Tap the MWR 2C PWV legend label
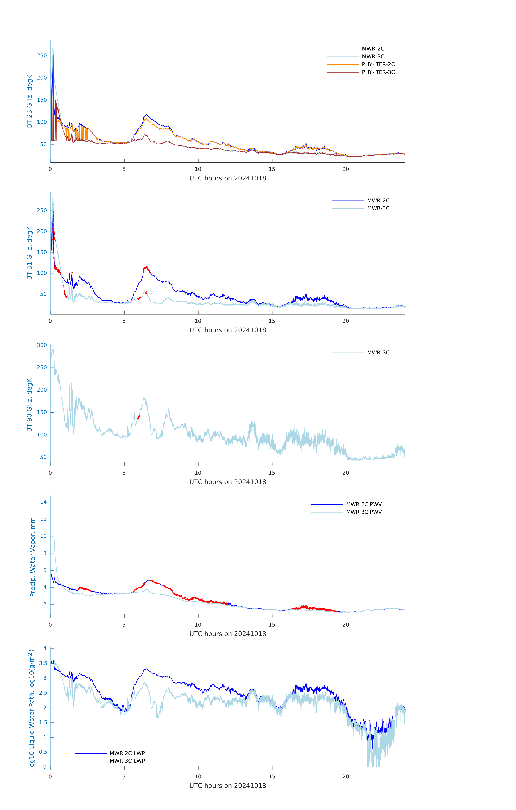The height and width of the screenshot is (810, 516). click(364, 504)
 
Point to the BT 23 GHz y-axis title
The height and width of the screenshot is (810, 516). click(30, 101)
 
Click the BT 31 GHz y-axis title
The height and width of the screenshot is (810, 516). click(30, 253)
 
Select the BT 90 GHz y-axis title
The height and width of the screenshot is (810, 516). click(30, 405)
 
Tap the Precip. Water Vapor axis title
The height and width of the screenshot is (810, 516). click(33, 557)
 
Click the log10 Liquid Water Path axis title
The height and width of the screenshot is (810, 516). click(31, 709)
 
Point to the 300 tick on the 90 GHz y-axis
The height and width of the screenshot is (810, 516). click(42, 345)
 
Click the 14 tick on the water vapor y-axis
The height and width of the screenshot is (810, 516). click(43, 502)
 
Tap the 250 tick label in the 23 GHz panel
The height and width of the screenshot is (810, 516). click(42, 55)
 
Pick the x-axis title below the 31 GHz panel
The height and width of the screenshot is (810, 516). click(228, 330)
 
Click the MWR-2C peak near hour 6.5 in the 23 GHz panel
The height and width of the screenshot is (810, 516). click(147, 115)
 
